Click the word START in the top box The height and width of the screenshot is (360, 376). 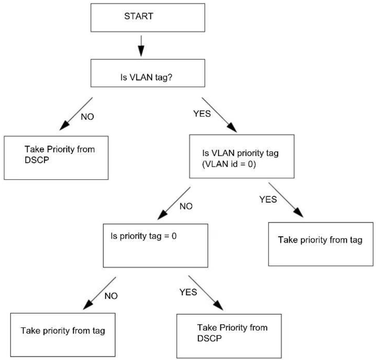[x=139, y=16]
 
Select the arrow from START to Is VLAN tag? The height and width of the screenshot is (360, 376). [x=141, y=46]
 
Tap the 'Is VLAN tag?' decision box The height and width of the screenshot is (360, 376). [x=148, y=73]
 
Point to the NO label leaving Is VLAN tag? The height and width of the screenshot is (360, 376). [x=87, y=117]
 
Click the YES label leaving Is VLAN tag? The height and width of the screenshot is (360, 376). [x=202, y=114]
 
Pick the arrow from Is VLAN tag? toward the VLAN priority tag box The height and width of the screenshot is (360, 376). [x=219, y=115]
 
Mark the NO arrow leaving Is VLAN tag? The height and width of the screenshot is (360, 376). [x=76, y=114]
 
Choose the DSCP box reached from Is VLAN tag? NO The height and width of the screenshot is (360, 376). [x=56, y=158]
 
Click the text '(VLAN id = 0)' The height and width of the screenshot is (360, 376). [x=229, y=164]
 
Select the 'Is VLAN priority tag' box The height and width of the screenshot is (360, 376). [x=242, y=156]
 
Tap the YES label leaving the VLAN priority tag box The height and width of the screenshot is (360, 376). [x=268, y=199]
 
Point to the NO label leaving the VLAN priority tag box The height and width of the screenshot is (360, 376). [x=186, y=206]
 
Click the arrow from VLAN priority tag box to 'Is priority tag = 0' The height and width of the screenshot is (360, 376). [x=174, y=203]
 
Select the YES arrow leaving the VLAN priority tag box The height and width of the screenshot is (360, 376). [x=286, y=200]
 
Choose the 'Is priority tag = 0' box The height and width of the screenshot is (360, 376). [x=155, y=246]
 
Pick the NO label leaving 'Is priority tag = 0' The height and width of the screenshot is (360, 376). [x=111, y=296]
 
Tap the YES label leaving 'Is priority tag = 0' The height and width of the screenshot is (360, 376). [x=188, y=292]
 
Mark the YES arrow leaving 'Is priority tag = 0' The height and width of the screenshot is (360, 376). [x=206, y=293]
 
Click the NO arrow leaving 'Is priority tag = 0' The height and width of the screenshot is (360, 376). [x=99, y=293]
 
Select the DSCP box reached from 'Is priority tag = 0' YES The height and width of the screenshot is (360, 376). [x=229, y=336]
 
